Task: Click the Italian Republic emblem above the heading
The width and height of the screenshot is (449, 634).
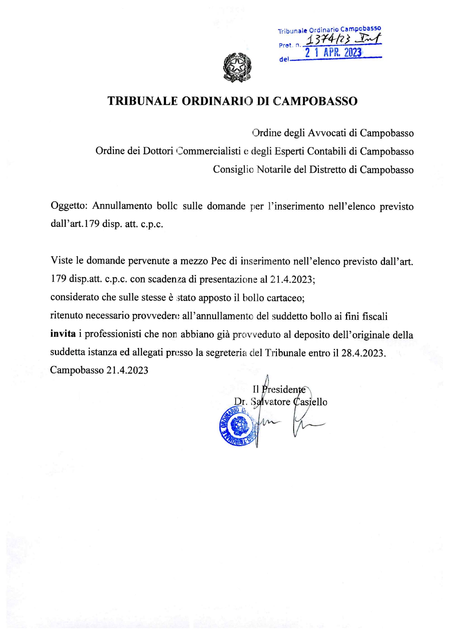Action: pyautogui.click(x=237, y=68)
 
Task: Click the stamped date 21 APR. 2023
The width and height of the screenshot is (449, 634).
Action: pyautogui.click(x=333, y=53)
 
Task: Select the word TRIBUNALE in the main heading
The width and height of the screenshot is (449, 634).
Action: pyautogui.click(x=142, y=101)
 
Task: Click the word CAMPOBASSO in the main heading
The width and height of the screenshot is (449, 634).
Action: pyautogui.click(x=316, y=101)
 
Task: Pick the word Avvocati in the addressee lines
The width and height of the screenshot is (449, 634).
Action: pyautogui.click(x=327, y=133)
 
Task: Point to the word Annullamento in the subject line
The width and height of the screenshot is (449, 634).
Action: pyautogui.click(x=123, y=206)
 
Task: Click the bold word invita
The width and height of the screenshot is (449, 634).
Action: pyautogui.click(x=63, y=334)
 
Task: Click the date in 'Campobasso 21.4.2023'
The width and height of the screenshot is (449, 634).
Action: pyautogui.click(x=127, y=370)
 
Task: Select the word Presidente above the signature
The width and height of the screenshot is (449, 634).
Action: pyautogui.click(x=283, y=389)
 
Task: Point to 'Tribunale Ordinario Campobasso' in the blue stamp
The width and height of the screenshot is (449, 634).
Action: pyautogui.click(x=329, y=30)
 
